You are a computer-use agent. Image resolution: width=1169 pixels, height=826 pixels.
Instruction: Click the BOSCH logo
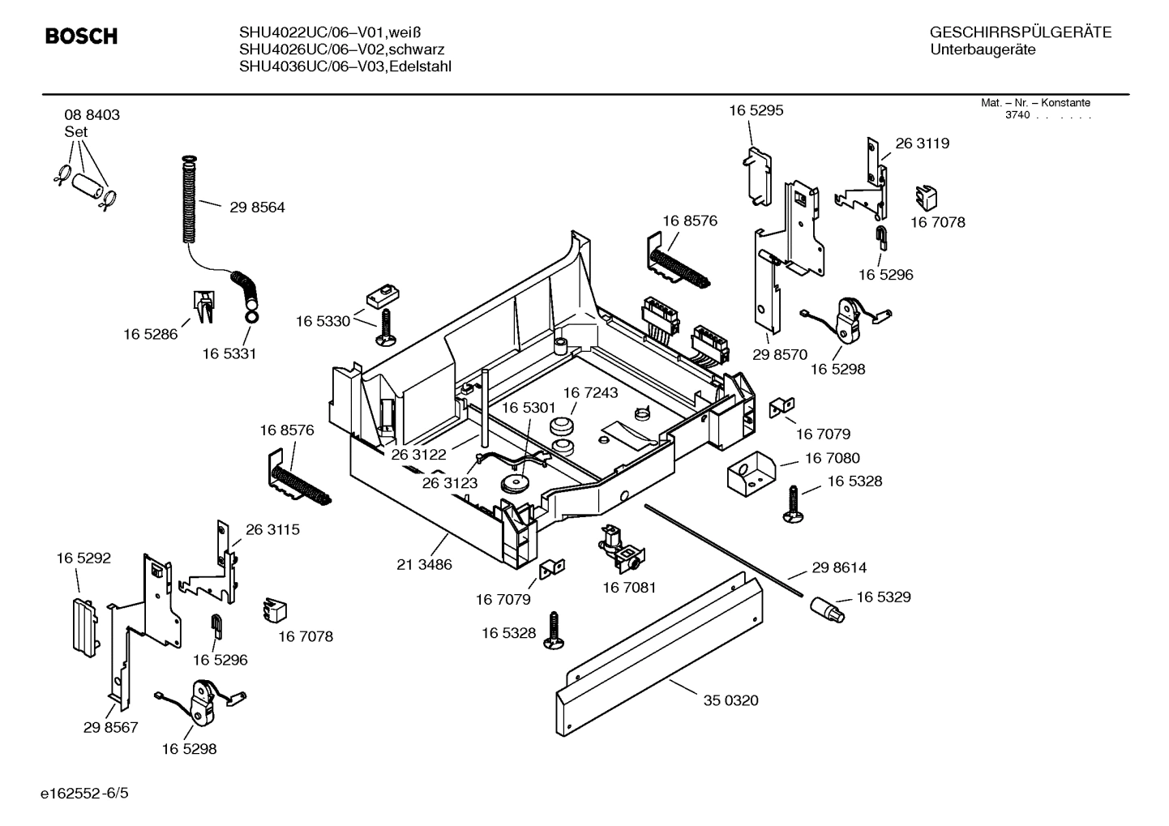tap(81, 36)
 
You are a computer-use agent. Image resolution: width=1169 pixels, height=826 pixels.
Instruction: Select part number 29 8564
tap(257, 208)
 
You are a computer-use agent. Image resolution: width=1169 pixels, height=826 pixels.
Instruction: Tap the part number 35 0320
tap(730, 700)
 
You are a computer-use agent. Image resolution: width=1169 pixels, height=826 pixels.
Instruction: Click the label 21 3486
tap(424, 564)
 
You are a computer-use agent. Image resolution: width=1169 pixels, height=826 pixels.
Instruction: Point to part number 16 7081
tap(629, 587)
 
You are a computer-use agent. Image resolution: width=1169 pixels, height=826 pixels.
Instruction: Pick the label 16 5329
tap(883, 597)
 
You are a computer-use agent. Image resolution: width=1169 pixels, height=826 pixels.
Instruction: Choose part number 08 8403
tap(92, 115)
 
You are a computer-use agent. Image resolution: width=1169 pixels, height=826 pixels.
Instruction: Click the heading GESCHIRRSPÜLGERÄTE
tap(1020, 33)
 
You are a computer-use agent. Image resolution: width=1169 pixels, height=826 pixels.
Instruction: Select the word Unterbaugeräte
tap(983, 50)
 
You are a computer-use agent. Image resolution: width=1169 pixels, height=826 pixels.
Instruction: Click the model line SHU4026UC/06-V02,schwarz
tap(341, 49)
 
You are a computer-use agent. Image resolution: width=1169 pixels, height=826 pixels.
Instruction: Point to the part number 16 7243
tap(590, 393)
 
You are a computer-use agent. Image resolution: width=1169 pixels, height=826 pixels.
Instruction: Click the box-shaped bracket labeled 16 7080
tap(751, 473)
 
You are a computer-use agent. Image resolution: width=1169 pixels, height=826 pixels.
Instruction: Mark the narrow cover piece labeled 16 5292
tap(84, 625)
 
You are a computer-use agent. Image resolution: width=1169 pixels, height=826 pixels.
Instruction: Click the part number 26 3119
tap(922, 143)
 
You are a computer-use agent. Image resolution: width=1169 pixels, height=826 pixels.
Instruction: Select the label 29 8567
tap(110, 728)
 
